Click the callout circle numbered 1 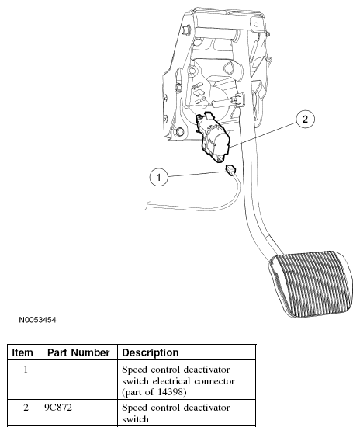[x=159, y=177]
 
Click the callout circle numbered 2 [x=305, y=119]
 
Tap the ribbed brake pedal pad [x=310, y=283]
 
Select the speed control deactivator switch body [x=213, y=137]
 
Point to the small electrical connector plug [x=230, y=168]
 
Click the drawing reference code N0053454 [x=37, y=320]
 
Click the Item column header [x=22, y=352]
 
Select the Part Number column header [x=78, y=352]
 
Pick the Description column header [x=151, y=352]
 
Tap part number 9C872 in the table [x=58, y=408]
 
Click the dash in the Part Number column [x=50, y=370]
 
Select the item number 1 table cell [x=26, y=370]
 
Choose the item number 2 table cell [x=26, y=408]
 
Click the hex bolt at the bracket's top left [x=186, y=30]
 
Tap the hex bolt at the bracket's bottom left [x=179, y=131]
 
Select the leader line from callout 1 [x=197, y=175]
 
